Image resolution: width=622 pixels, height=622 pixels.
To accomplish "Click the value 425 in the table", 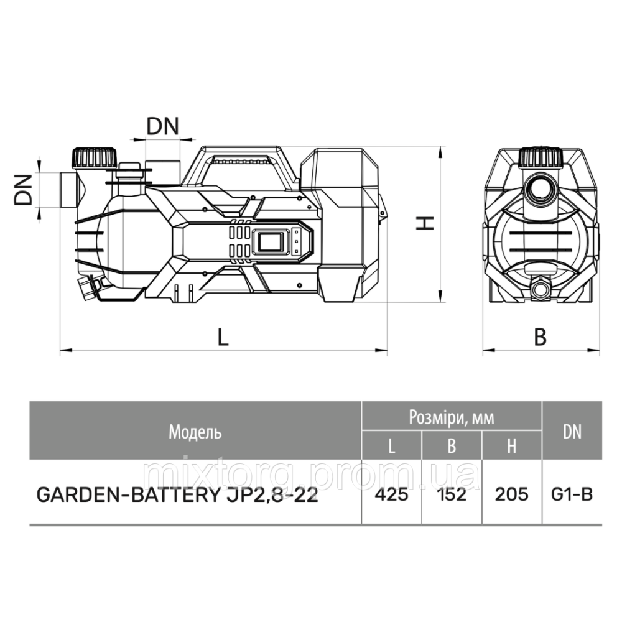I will pos(392,494).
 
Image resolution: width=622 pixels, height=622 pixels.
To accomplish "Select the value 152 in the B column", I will pos(452,494).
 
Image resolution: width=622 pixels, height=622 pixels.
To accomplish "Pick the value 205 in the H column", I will pos(511,494).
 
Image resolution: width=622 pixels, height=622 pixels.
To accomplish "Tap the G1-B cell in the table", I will pos(572,494).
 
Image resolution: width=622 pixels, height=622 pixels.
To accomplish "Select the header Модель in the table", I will pos(195,432).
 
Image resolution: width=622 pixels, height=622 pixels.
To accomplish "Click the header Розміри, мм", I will pos(452,417).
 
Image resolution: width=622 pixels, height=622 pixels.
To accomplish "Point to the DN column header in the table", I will pos(572,432).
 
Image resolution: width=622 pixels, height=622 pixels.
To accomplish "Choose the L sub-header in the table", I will pos(392,446).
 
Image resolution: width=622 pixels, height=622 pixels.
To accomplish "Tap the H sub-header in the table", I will pos(511,446).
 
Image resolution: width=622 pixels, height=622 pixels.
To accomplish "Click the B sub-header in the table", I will pos(452,446).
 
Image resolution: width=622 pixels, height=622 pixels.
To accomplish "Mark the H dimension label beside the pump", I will pos(424,223).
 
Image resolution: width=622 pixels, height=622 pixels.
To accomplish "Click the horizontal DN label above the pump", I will pos(162,126).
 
